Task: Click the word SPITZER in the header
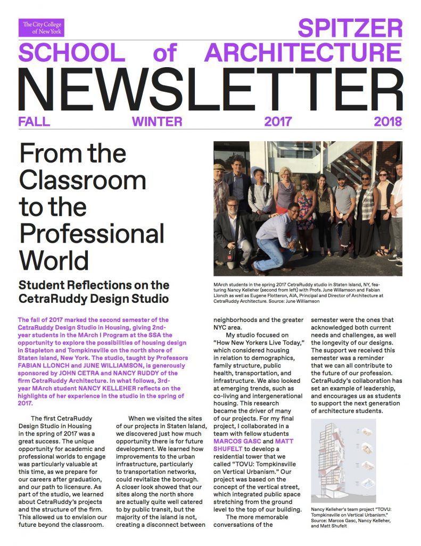pyautogui.click(x=350, y=28)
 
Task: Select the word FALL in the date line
pyautogui.click(x=34, y=122)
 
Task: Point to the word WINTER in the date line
pyautogui.click(x=157, y=122)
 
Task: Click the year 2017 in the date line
pyautogui.click(x=278, y=122)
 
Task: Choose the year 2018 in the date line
pyautogui.click(x=387, y=122)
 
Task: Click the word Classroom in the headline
pyautogui.click(x=82, y=181)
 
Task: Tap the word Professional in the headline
pyautogui.click(x=92, y=234)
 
